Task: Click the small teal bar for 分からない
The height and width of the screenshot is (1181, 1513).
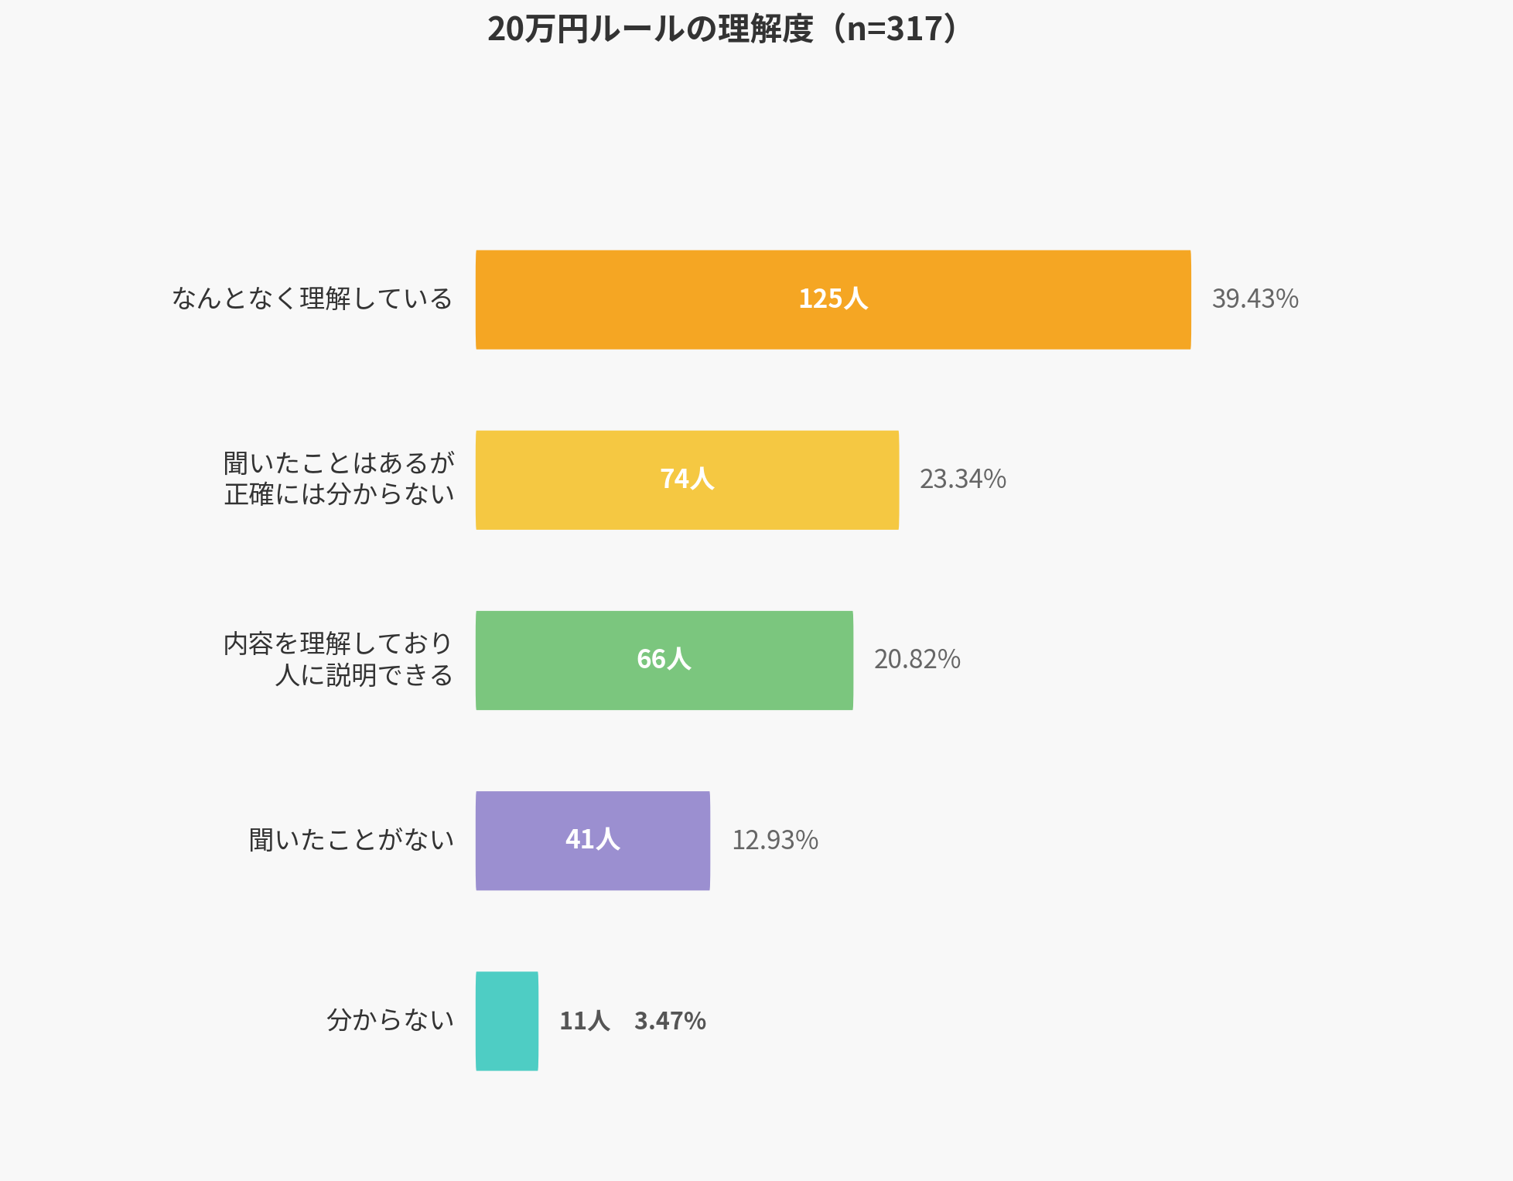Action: (x=507, y=1021)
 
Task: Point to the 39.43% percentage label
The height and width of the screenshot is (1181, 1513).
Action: (x=1255, y=299)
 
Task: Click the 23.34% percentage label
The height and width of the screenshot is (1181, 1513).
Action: (x=962, y=480)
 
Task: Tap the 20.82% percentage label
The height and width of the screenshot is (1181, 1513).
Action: (x=917, y=660)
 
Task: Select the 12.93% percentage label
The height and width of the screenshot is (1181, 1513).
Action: (x=775, y=840)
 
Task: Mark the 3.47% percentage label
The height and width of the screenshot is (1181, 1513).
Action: (x=670, y=1021)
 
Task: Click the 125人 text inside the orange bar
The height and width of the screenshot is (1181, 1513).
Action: (x=833, y=299)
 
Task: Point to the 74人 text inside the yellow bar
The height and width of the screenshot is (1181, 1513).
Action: (x=687, y=479)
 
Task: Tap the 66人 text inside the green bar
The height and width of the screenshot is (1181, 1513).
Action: (x=664, y=659)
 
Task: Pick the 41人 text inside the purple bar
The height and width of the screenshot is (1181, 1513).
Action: (x=593, y=839)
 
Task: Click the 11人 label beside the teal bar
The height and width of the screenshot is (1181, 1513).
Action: (x=584, y=1021)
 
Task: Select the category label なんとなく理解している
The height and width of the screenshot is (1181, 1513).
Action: (x=312, y=299)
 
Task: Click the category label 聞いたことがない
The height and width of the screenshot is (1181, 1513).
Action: (x=351, y=840)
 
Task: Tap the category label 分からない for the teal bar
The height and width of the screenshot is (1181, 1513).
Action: (x=390, y=1020)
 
